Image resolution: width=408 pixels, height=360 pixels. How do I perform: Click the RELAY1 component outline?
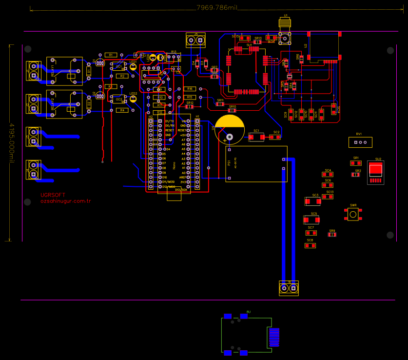pos(64,71)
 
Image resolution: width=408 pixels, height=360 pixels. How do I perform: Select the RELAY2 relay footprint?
pos(64,104)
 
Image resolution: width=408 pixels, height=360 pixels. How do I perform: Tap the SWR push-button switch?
pos(353,214)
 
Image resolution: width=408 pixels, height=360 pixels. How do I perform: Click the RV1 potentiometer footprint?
pos(360,142)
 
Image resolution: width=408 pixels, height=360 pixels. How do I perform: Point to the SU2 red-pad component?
pos(375,171)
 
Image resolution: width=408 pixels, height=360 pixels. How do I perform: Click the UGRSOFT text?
pos(53,195)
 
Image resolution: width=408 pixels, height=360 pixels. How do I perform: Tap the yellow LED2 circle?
pos(133,99)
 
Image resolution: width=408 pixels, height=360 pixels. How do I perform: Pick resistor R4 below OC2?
pos(122,111)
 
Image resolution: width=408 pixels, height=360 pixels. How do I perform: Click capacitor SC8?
pos(310,245)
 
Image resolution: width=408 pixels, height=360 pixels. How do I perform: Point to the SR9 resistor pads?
pos(332,235)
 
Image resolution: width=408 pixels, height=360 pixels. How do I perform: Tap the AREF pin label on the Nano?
pos(183,178)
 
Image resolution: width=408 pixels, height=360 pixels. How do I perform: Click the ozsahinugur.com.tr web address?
pos(66,201)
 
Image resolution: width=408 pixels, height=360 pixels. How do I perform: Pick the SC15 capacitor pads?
pos(244,38)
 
